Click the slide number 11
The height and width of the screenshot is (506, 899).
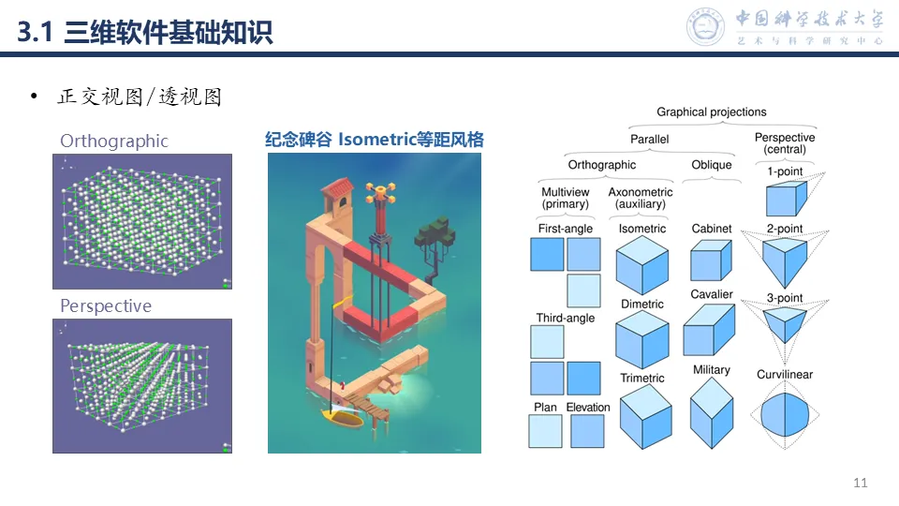coord(861,483)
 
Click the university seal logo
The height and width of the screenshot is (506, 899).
coord(706,27)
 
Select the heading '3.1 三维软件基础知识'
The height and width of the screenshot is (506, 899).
coord(145,34)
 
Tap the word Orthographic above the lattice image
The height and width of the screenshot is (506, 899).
coord(114,141)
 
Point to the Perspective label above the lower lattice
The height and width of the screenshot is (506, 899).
coord(106,306)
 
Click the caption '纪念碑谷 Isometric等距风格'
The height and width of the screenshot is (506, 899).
coord(375,140)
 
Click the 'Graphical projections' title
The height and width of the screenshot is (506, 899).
coord(712,112)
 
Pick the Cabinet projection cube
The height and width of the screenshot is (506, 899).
coord(711,260)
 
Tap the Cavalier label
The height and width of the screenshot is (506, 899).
coord(712,295)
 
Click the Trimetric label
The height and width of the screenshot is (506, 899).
coord(642,379)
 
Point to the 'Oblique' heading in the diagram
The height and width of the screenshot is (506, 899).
coord(712,166)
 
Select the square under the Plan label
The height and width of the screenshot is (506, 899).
coord(546,432)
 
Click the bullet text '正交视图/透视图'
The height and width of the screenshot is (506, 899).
coord(140,97)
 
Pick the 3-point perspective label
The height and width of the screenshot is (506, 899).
coord(785,299)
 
